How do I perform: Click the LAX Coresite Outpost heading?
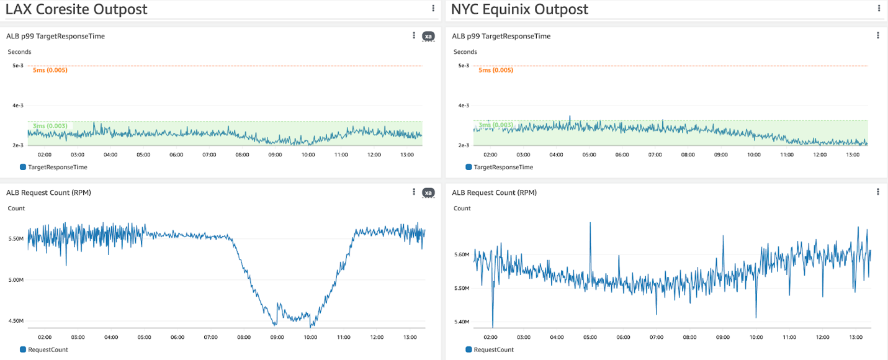(x=76, y=9)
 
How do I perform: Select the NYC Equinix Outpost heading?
(x=519, y=9)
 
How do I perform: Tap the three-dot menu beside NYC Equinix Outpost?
(x=878, y=8)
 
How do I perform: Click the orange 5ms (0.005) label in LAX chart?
(x=50, y=70)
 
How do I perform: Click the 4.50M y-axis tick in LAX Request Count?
(x=16, y=321)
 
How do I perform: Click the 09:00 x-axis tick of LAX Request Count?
(x=277, y=337)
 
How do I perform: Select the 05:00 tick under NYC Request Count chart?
(x=590, y=337)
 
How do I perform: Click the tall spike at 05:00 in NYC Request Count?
(x=590, y=225)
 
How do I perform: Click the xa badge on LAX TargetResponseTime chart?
(x=428, y=36)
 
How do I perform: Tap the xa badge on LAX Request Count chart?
(x=428, y=192)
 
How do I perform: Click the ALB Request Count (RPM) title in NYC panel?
(x=494, y=192)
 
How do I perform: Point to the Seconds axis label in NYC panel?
(x=465, y=52)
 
